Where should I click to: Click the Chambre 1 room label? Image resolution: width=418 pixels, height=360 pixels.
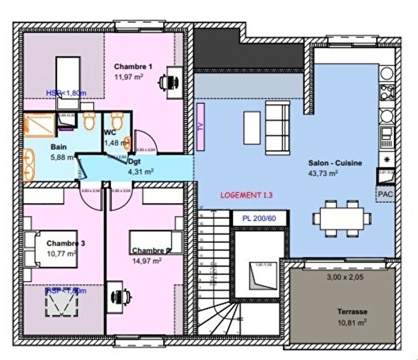(x=133, y=66)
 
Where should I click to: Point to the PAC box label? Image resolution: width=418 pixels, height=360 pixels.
(x=384, y=195)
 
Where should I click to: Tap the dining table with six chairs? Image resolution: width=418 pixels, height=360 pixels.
(x=341, y=218)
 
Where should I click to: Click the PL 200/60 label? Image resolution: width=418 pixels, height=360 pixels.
(x=259, y=219)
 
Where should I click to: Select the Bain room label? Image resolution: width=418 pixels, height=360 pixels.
(x=58, y=147)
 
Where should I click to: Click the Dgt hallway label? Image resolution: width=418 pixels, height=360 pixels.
(x=134, y=162)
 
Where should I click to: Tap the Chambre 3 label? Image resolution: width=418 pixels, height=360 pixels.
(x=66, y=243)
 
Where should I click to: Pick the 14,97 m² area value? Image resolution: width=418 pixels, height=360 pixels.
(x=147, y=261)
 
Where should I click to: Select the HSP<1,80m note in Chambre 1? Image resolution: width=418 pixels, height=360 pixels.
(x=66, y=93)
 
